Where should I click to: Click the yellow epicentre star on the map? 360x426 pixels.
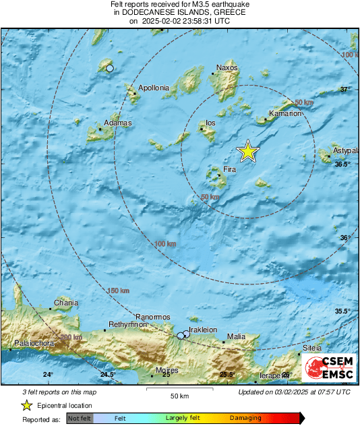(x=248, y=152)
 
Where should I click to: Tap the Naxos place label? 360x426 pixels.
(x=227, y=67)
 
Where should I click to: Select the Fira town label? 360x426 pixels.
(x=229, y=170)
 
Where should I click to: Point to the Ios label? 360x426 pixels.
(x=210, y=123)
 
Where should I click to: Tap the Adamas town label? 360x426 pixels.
(x=117, y=123)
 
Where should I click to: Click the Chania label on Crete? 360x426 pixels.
(x=65, y=303)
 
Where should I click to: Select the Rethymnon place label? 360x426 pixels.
(x=128, y=324)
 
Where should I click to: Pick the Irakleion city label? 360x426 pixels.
(x=203, y=330)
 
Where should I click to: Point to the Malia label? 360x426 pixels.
(x=236, y=336)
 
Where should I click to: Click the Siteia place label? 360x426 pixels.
(x=312, y=348)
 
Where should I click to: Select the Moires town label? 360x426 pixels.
(x=167, y=370)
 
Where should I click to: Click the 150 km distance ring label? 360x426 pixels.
(x=118, y=291)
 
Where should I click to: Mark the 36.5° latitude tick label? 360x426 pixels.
(x=344, y=164)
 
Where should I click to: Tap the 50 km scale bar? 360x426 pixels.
(x=179, y=390)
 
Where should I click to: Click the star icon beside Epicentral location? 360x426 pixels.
(x=26, y=405)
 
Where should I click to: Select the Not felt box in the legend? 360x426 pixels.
(x=80, y=418)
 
